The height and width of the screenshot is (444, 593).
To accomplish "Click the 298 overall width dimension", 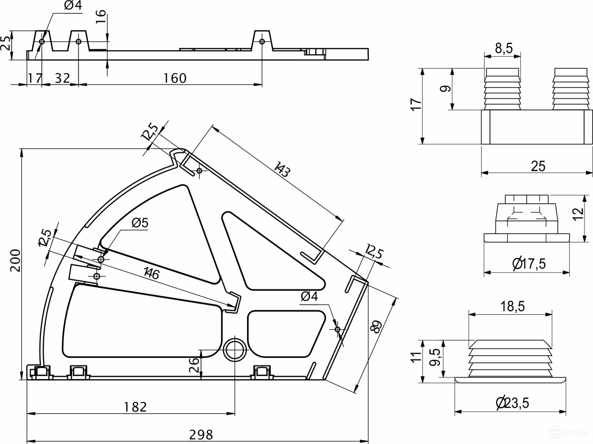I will point(200,434).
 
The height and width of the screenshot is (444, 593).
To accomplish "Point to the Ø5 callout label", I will point(140,223).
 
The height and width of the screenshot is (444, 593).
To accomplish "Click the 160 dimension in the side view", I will point(174,78).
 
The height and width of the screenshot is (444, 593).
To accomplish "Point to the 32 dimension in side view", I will point(61,78).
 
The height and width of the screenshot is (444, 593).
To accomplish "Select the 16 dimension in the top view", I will point(101,13).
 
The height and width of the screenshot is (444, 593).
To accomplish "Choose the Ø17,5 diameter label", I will point(528,264).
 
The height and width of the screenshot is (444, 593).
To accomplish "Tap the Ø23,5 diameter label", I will point(512,403).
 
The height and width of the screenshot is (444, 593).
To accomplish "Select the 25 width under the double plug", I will point(538,166).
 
